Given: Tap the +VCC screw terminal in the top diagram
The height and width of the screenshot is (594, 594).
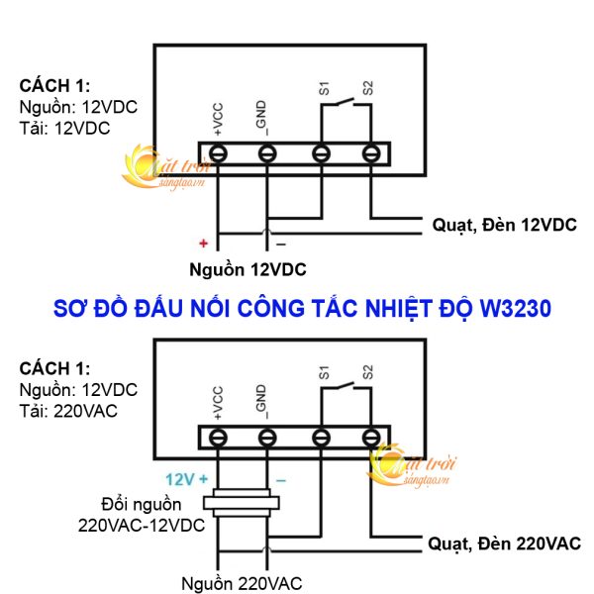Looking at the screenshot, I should [217, 153].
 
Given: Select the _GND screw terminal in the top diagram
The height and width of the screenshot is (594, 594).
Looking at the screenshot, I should [268, 153].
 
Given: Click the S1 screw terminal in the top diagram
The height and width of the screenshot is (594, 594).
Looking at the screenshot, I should [321, 153].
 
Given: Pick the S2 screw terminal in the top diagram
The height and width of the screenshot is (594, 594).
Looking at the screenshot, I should [371, 153].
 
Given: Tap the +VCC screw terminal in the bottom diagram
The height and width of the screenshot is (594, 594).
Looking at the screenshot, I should [217, 437].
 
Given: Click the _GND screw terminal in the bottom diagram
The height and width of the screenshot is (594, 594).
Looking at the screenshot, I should [268, 437].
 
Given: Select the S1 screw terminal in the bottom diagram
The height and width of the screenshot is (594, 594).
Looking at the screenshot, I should [321, 437].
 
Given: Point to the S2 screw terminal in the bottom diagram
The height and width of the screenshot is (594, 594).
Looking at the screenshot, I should [371, 437].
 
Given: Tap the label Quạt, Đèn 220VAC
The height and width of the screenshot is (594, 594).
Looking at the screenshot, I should [504, 544].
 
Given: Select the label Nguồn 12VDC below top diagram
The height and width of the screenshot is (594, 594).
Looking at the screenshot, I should [247, 269].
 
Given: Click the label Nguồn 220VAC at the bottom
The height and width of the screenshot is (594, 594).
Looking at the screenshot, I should [243, 582].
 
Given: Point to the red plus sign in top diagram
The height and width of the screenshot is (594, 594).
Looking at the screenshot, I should [203, 243].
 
